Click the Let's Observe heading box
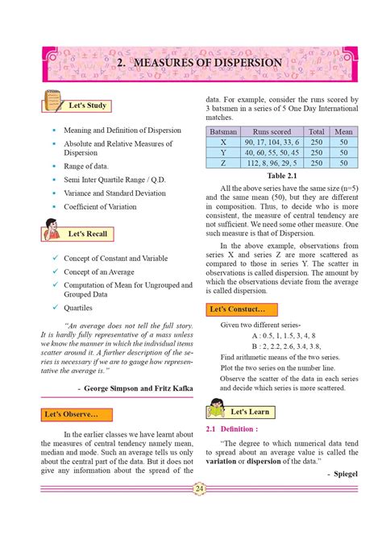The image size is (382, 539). (x=72, y=414)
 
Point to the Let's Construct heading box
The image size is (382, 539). (x=241, y=309)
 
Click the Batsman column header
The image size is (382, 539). (x=223, y=131)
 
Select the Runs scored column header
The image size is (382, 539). (x=272, y=131)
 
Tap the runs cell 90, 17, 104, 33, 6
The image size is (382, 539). (x=272, y=141)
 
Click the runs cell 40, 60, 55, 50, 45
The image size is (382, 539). (x=272, y=151)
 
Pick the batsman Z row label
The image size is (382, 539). (x=223, y=162)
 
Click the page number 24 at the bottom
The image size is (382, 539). (x=199, y=488)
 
